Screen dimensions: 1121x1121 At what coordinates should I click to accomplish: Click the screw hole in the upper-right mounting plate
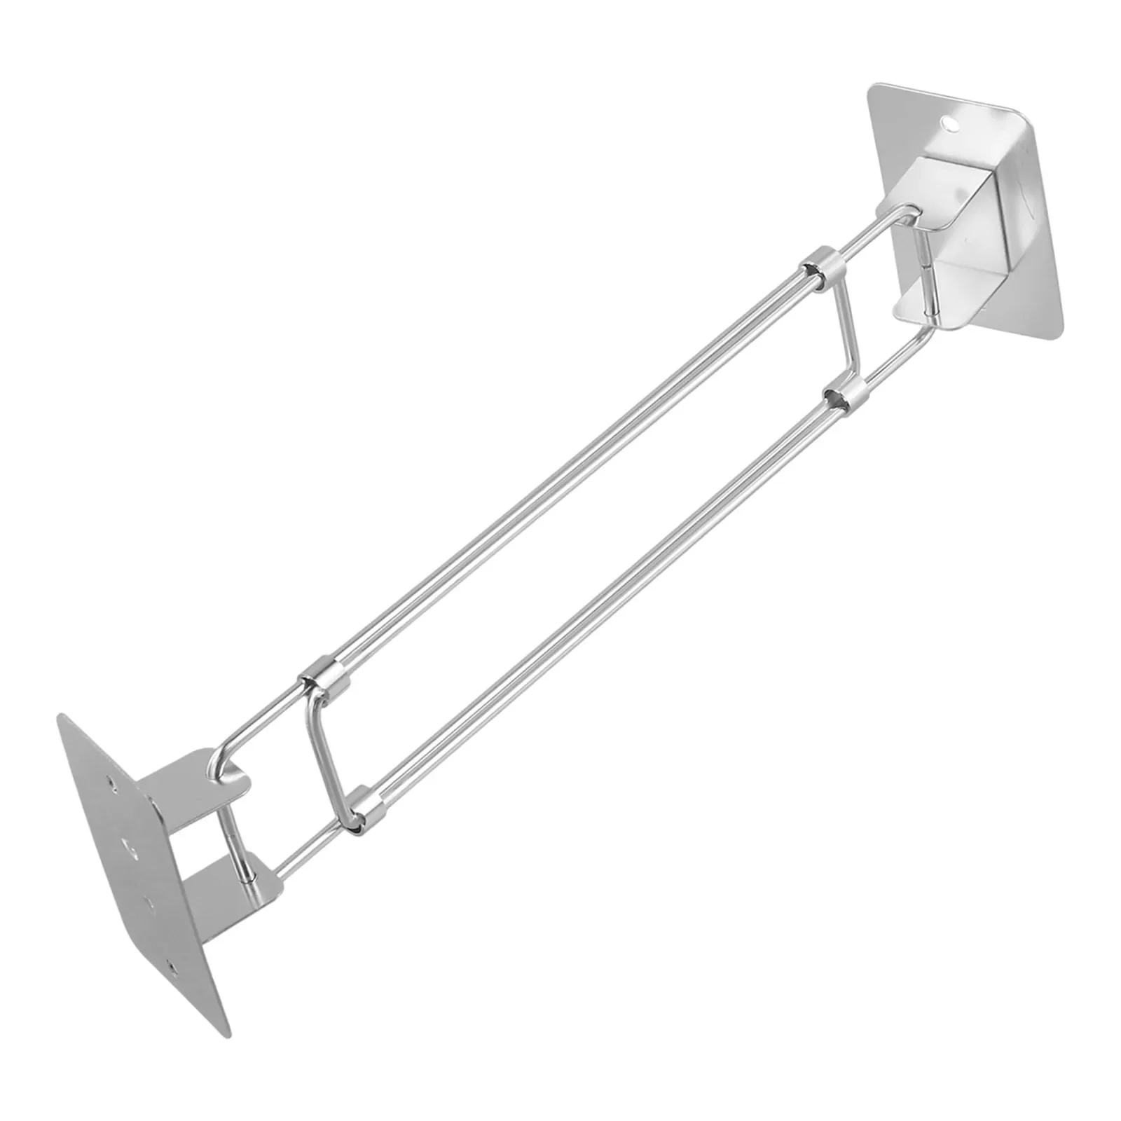[950, 124]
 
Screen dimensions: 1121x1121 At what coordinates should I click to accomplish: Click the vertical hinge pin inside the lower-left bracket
[235, 841]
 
